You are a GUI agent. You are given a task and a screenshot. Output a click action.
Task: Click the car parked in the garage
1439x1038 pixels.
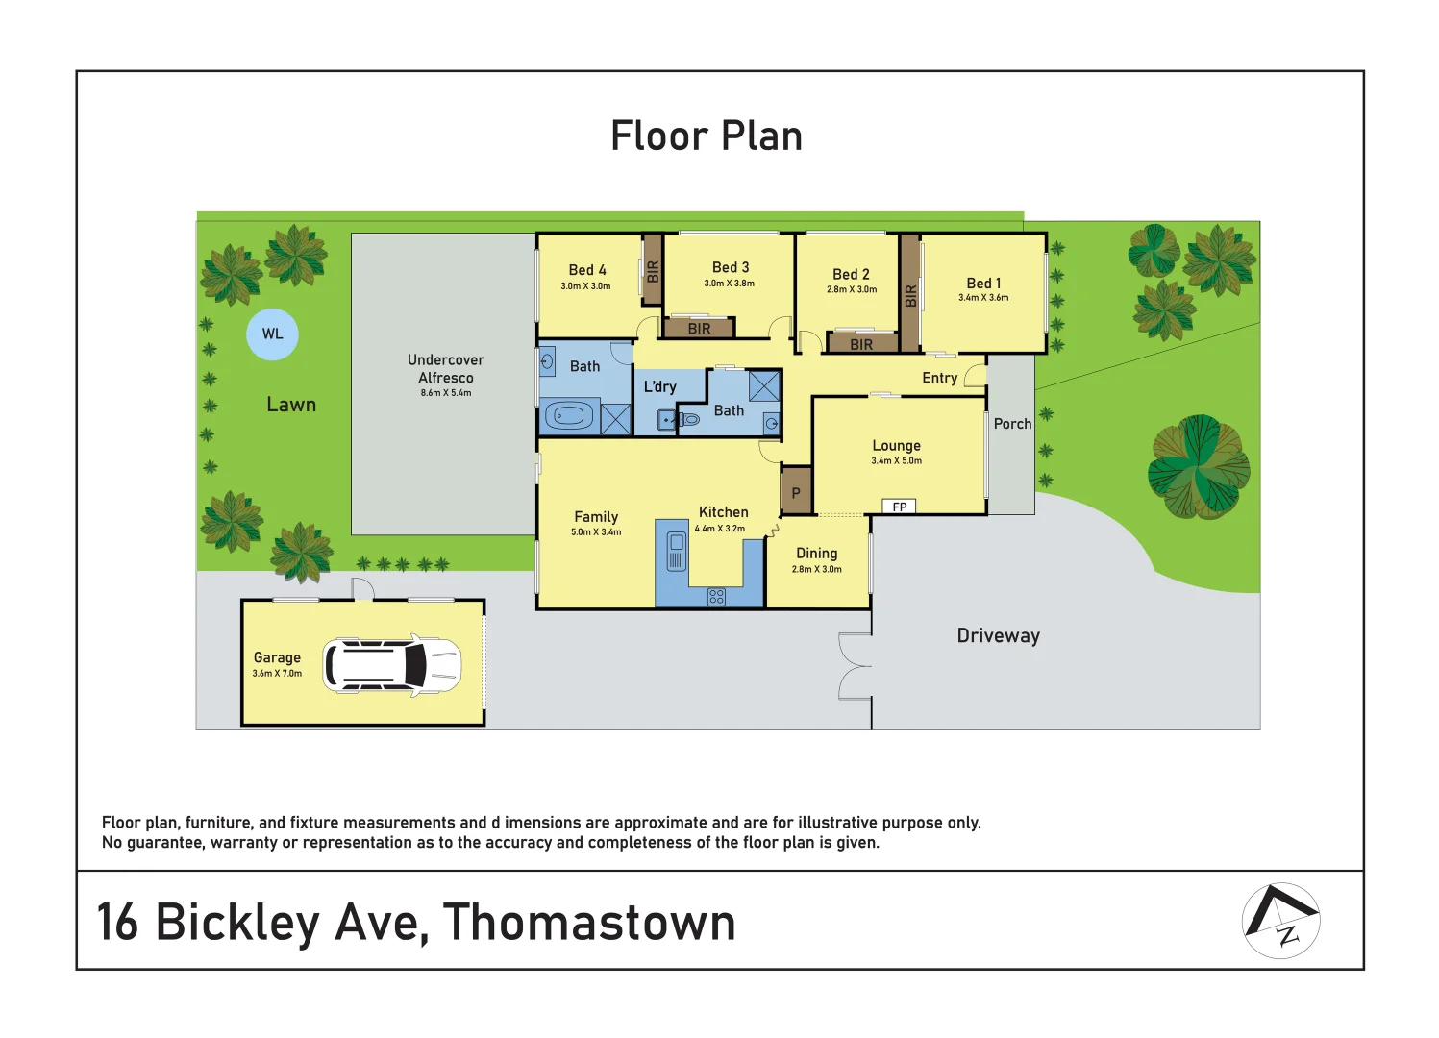(x=392, y=665)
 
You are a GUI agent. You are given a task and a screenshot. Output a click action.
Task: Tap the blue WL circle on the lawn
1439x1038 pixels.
(x=273, y=334)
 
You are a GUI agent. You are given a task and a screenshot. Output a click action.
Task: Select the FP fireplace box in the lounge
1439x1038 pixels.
(x=899, y=507)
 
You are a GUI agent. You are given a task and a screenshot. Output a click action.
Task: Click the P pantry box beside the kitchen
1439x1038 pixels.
(x=796, y=493)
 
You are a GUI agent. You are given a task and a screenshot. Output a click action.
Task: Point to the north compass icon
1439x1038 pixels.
(x=1281, y=921)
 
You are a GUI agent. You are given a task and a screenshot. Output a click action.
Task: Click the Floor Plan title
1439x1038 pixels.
(x=707, y=136)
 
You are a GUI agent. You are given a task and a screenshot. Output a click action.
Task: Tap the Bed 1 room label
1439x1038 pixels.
(x=983, y=284)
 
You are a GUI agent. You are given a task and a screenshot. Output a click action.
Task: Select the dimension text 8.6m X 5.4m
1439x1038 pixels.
(x=446, y=393)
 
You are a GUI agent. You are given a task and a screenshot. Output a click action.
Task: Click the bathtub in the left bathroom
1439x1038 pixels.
(x=569, y=416)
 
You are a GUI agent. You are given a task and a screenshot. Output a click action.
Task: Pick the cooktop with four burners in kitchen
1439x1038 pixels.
(x=716, y=597)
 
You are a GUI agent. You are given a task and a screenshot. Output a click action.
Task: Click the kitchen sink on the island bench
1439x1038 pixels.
(x=677, y=551)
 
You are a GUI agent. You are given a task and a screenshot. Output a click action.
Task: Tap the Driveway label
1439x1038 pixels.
(x=998, y=636)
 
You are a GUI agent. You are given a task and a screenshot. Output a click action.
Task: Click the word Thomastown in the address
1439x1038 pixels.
(x=589, y=923)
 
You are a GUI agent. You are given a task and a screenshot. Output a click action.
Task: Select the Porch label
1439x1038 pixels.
(x=1012, y=424)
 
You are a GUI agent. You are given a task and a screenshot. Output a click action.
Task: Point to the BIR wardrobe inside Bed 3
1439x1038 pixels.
(x=699, y=329)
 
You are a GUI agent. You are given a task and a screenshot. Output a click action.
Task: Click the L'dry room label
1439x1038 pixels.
(x=660, y=387)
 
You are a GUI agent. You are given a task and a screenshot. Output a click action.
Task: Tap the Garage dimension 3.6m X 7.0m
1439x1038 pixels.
(x=277, y=674)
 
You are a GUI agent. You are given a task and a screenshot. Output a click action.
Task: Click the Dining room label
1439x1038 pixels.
(x=816, y=554)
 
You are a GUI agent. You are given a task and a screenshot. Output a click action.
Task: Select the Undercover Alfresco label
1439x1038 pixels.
(x=446, y=369)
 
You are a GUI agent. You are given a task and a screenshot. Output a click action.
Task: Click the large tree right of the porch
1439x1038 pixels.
(x=1198, y=467)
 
